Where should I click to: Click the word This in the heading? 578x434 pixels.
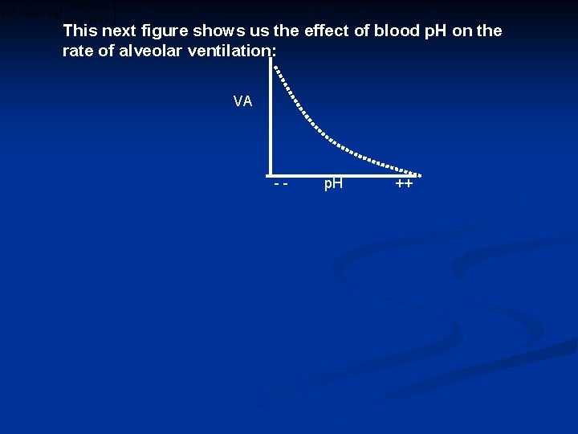[80, 31]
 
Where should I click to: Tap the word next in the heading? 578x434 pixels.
[120, 31]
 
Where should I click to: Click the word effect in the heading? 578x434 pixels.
[327, 31]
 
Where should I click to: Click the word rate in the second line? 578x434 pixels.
[77, 51]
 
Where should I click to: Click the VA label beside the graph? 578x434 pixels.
[242, 101]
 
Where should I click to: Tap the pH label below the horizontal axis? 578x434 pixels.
[332, 184]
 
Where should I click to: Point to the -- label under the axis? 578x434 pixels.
[280, 184]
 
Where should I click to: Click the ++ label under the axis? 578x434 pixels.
[404, 184]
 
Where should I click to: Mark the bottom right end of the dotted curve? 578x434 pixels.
[418, 174]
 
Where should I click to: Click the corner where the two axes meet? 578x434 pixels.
[271, 173]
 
